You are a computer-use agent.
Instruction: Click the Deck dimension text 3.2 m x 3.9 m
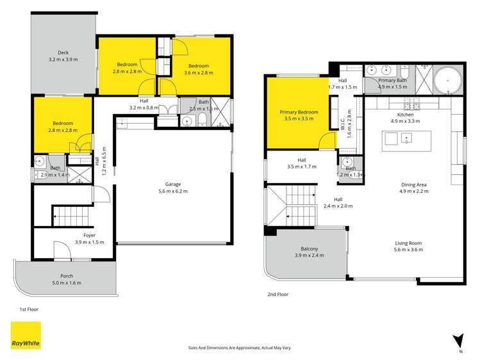[x=63, y=60]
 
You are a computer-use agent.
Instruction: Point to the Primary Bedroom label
[x=299, y=112]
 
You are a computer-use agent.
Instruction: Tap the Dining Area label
[x=413, y=183]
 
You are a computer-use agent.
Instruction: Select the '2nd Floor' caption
[x=277, y=294]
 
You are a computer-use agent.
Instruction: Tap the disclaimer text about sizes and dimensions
[x=240, y=347]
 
